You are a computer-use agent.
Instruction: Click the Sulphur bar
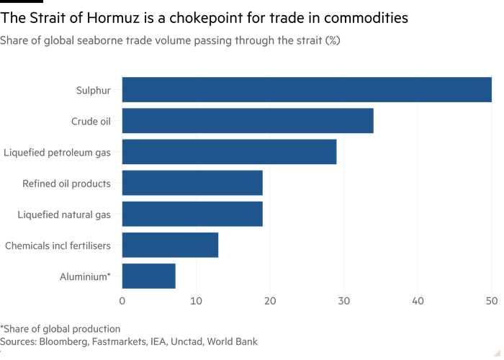307,90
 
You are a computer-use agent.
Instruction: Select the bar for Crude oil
248,121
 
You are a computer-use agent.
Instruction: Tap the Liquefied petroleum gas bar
230,152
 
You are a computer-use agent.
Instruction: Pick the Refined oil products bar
192,183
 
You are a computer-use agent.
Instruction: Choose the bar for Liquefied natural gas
192,214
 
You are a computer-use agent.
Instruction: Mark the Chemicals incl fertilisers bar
171,245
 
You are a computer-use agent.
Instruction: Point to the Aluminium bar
149,276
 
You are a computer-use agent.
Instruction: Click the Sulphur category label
93,90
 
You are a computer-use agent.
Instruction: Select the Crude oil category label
91,121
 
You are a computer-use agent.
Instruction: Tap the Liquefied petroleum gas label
58,152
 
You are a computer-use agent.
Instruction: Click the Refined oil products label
66,183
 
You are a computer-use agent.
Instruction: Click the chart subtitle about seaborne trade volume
171,41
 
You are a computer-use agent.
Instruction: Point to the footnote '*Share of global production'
60,328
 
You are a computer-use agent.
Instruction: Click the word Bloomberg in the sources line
66,341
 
